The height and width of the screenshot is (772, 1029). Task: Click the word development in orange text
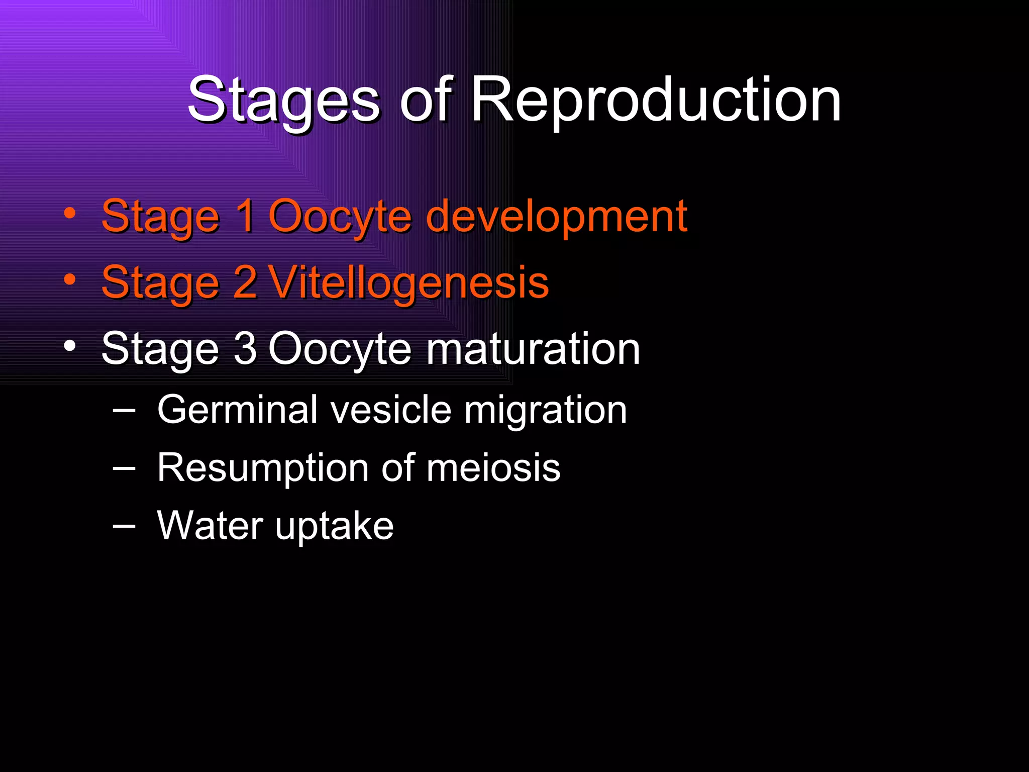click(x=556, y=217)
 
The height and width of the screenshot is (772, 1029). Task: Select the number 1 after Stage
click(x=246, y=216)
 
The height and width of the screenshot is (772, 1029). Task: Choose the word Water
click(x=210, y=526)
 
